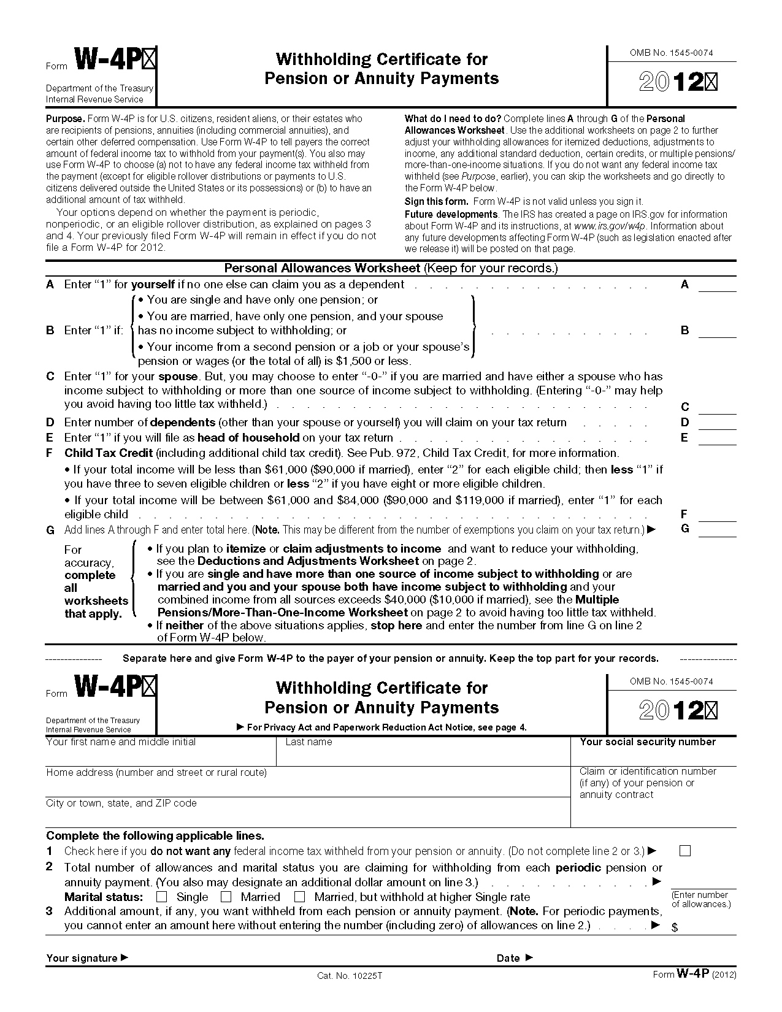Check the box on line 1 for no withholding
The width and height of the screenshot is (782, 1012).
[x=685, y=851]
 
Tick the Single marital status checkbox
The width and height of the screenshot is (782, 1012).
[x=162, y=897]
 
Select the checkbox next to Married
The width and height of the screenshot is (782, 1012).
[x=226, y=897]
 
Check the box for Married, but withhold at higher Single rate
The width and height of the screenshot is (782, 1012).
[x=299, y=897]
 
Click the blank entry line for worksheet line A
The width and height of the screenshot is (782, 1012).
[x=718, y=286]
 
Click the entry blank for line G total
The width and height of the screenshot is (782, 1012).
[x=718, y=531]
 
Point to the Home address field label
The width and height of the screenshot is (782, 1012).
[x=156, y=773]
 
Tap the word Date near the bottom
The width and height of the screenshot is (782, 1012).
[x=508, y=958]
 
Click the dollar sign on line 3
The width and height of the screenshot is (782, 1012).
[x=675, y=928]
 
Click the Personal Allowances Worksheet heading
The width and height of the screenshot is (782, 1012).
[x=322, y=268]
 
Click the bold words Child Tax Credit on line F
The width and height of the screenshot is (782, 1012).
[x=109, y=453]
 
